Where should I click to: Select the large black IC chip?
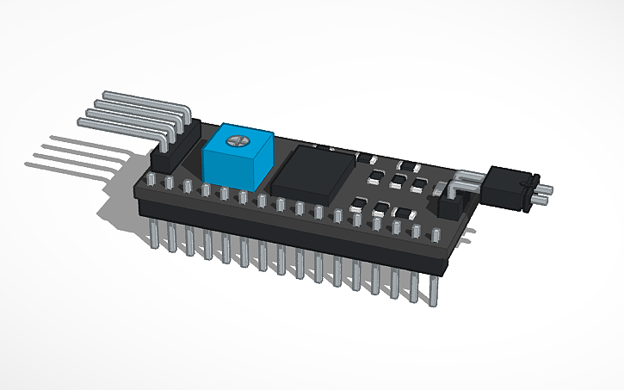[x=312, y=171]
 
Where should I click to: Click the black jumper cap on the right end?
[x=509, y=187]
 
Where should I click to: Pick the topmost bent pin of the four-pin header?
[x=146, y=95]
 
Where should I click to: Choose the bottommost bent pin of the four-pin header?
[x=129, y=123]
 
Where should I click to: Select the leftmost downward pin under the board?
[x=152, y=233]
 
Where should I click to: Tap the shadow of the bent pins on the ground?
[x=77, y=155]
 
